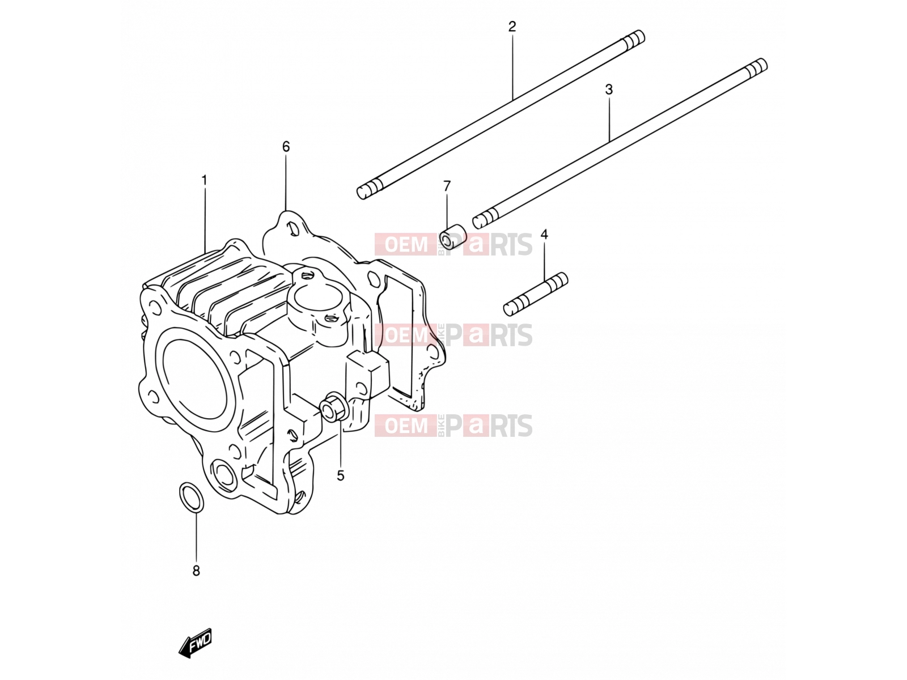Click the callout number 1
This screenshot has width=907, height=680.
[x=204, y=180]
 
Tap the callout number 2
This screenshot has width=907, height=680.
[x=512, y=27]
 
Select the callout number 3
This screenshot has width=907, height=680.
[x=609, y=89]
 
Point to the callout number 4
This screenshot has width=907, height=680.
[x=544, y=235]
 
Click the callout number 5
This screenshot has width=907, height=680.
[x=340, y=475]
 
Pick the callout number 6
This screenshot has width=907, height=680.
[x=286, y=147]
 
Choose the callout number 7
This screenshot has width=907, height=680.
[x=447, y=186]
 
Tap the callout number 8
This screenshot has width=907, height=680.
[x=196, y=571]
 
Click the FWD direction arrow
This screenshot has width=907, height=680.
[x=195, y=643]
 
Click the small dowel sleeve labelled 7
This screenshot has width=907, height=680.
[x=453, y=237]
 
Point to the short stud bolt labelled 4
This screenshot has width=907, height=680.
[x=536, y=294]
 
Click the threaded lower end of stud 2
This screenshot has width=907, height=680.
[x=367, y=190]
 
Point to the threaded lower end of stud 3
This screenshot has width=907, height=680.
[x=484, y=219]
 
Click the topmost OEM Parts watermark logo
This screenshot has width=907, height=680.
[x=453, y=244]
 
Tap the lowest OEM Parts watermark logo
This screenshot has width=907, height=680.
[x=453, y=426]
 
